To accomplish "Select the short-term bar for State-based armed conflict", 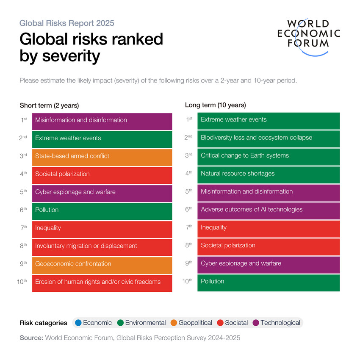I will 102,156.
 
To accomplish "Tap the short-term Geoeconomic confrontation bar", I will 102,264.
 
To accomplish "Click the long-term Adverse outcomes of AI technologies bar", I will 268,210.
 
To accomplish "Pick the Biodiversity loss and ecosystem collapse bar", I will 268,138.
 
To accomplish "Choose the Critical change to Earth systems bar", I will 268,156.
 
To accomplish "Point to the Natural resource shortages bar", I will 268,174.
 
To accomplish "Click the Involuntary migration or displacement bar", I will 102,246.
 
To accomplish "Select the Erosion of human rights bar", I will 102,282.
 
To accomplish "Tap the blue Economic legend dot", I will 78,323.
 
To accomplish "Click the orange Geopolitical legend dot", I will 173,323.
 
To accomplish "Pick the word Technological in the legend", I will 280,323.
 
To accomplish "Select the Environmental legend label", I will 145,323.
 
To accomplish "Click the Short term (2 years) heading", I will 49,105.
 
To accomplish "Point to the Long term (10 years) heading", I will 215,105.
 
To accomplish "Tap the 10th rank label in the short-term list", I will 22,282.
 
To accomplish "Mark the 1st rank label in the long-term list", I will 190,119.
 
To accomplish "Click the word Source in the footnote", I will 31,338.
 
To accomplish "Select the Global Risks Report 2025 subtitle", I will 66,23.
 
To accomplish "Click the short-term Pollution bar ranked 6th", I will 102,210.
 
